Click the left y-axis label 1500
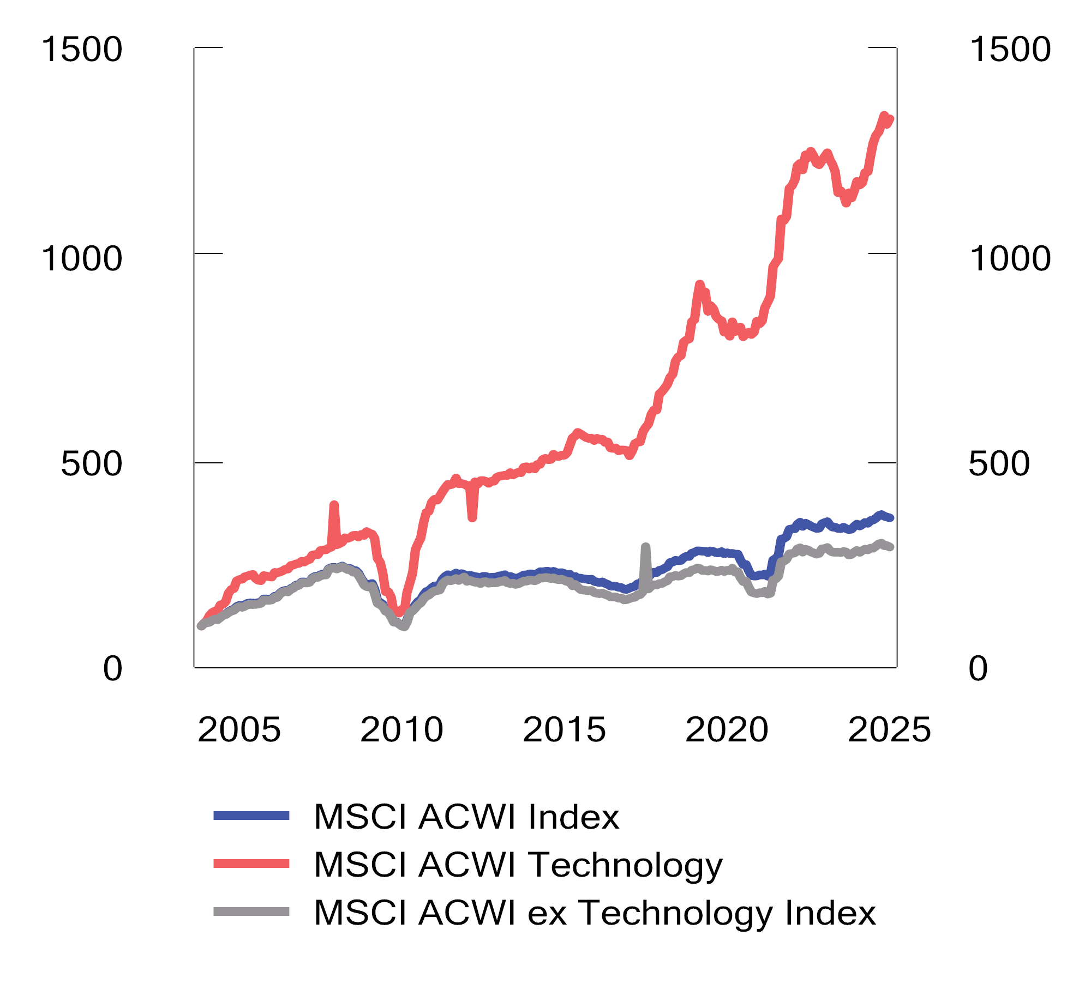point(82,50)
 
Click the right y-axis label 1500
point(1010,50)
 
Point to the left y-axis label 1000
point(82,258)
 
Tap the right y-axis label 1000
point(1010,258)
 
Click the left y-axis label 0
point(112,669)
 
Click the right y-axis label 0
point(978,669)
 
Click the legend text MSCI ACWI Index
point(466,817)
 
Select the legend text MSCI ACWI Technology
point(518,865)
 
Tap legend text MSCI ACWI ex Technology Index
point(595,913)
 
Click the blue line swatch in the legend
point(251,816)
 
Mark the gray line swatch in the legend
point(251,911)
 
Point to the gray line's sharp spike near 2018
point(645,547)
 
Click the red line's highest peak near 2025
point(884,116)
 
